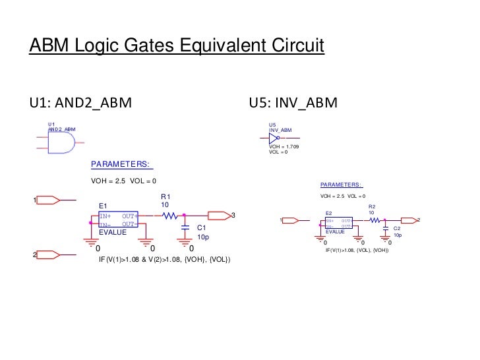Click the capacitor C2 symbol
pos(385,230)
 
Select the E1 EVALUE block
pos(117,220)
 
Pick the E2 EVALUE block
pos(338,224)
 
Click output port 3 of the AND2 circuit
pos(218,215)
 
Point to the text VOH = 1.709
pos(284,146)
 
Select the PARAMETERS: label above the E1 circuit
pos(121,164)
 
